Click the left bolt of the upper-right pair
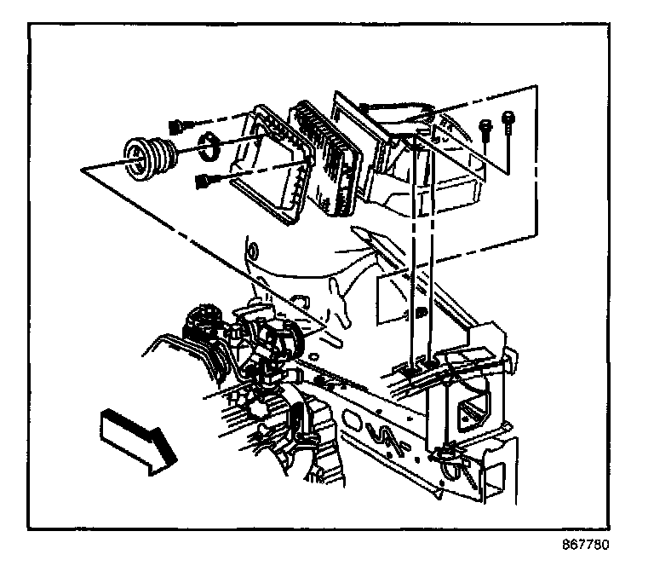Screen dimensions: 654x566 (485, 129)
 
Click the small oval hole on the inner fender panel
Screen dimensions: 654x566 (252, 252)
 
